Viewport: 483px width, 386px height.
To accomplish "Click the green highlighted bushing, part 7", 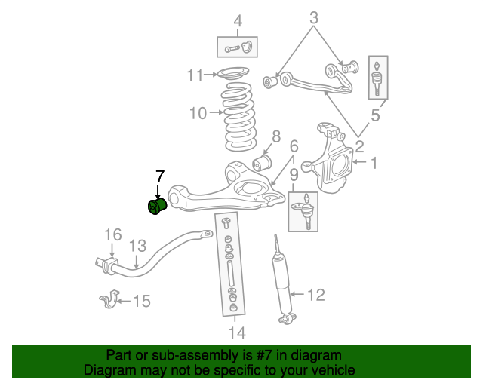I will [x=156, y=206].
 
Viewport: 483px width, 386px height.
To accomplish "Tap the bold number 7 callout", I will [x=159, y=177].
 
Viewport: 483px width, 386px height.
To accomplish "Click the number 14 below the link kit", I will [x=236, y=332].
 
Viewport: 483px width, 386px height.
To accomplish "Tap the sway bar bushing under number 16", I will [x=105, y=264].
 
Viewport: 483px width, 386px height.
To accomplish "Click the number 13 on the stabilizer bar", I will [x=137, y=246].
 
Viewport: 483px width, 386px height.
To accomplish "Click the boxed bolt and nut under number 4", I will [x=238, y=47].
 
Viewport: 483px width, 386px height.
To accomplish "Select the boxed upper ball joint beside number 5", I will [x=377, y=78].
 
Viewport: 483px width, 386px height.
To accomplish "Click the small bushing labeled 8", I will [x=262, y=161].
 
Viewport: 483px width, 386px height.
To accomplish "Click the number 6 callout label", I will [x=294, y=146].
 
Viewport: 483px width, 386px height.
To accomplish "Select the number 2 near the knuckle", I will [x=360, y=146].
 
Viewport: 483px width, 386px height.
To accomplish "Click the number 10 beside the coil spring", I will [x=198, y=114].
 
